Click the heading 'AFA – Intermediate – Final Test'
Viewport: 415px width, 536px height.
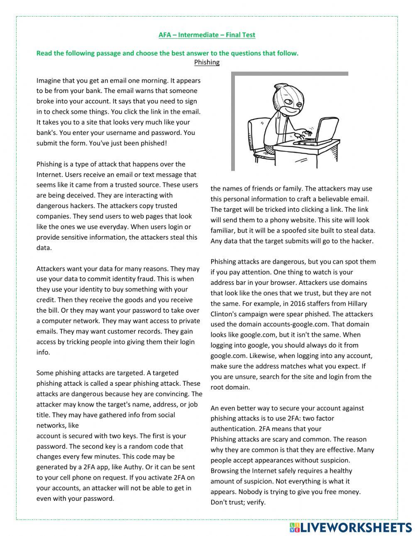tap(207, 35)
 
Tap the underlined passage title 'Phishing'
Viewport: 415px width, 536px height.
tap(207, 62)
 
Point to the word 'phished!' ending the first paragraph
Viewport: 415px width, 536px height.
tap(154, 143)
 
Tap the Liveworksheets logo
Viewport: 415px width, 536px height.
tap(349, 527)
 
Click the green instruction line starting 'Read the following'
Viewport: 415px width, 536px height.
tap(167, 53)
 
